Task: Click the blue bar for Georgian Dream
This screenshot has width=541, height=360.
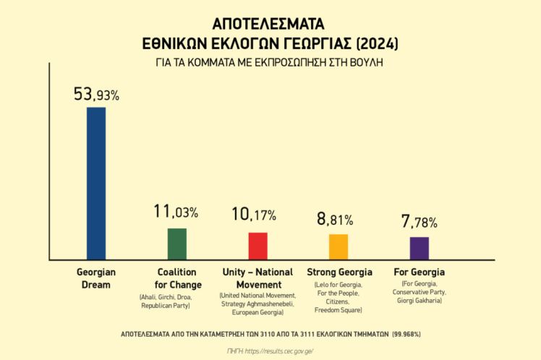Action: click(x=96, y=183)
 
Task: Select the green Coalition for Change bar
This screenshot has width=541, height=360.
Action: click(x=177, y=244)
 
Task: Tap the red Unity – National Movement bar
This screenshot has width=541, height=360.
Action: click(x=258, y=246)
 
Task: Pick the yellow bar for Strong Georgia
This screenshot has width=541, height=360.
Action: click(x=338, y=247)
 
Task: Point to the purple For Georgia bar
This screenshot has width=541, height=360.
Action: click(x=419, y=248)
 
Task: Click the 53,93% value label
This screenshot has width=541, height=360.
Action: click(x=96, y=94)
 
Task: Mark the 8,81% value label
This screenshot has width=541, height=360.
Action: click(x=336, y=218)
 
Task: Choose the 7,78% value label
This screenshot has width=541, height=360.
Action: click(x=419, y=222)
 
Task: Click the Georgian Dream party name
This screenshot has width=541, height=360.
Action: click(x=96, y=278)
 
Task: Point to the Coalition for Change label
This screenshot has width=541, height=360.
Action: click(x=177, y=278)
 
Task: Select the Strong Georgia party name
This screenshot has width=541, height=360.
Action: click(x=339, y=273)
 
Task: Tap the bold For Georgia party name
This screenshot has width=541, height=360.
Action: click(x=419, y=273)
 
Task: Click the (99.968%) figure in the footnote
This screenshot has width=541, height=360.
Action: click(x=406, y=334)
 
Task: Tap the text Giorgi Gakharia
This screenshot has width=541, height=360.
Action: click(x=419, y=301)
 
